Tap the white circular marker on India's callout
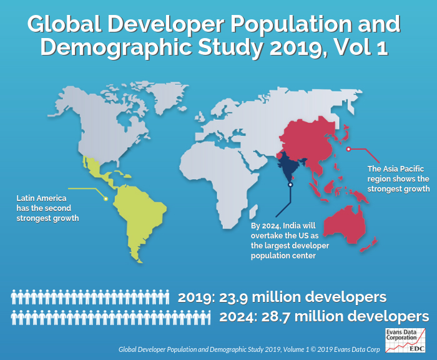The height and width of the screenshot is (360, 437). [290, 185]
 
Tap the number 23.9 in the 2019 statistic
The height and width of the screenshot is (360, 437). [238, 297]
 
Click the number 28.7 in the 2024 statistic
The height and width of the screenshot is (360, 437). [280, 316]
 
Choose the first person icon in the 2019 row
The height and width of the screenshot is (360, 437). [15, 297]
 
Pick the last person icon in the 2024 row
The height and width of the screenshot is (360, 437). [206, 317]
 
